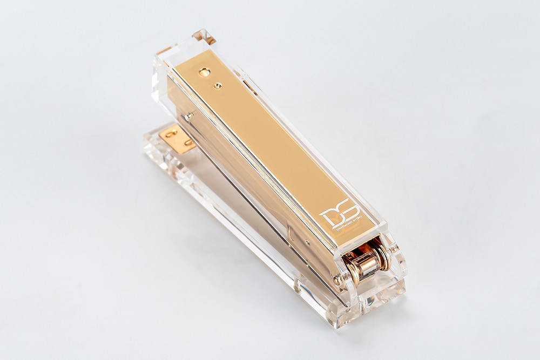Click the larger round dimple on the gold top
click(205, 72)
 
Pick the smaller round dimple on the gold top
click(218, 85)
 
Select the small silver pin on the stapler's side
click(190, 116)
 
